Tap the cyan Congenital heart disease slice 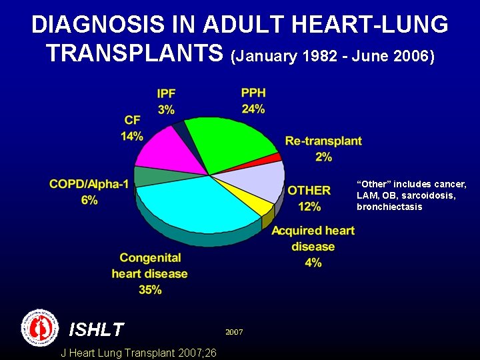pyautogui.click(x=200, y=203)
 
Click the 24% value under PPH pyautogui.click(x=253, y=109)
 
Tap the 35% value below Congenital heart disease pyautogui.click(x=150, y=289)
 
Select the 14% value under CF pyautogui.click(x=132, y=136)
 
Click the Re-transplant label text pyautogui.click(x=323, y=141)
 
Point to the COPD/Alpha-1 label pyautogui.click(x=89, y=184)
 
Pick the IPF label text pyautogui.click(x=167, y=93)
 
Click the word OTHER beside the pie pyautogui.click(x=309, y=191)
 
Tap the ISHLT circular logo pyautogui.click(x=41, y=327)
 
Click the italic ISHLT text pyautogui.click(x=97, y=329)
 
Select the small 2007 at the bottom pyautogui.click(x=234, y=331)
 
